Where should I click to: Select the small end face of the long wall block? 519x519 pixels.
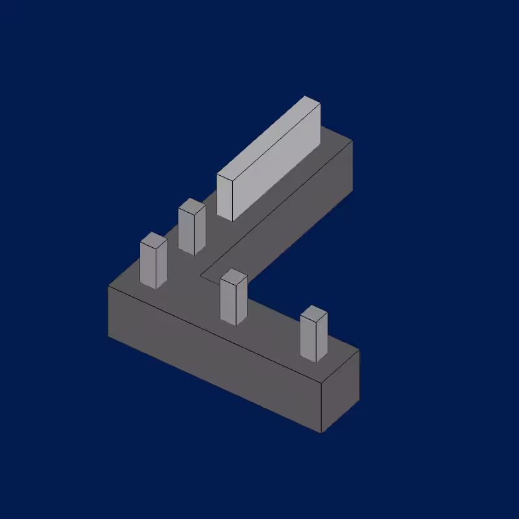click(x=224, y=198)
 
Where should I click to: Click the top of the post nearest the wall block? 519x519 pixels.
click(x=192, y=207)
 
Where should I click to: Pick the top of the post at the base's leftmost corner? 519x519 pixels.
click(x=154, y=241)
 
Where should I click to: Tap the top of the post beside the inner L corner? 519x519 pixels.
click(x=234, y=277)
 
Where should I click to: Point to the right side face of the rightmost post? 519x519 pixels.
click(x=322, y=339)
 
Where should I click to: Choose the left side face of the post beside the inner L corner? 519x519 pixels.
click(x=228, y=302)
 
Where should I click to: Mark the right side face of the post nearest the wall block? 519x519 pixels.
click(x=200, y=231)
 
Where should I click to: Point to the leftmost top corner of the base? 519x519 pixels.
click(x=108, y=286)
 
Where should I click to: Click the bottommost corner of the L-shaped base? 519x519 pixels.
click(x=321, y=433)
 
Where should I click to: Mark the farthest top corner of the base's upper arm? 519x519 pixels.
click(x=352, y=139)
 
